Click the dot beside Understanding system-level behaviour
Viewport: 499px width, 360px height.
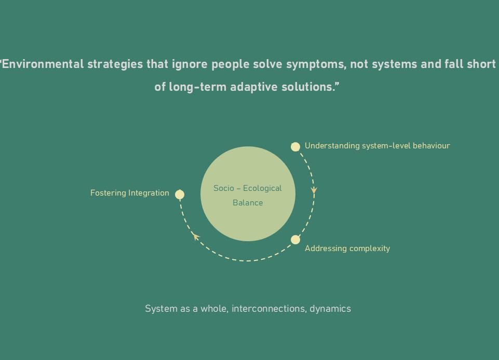click(x=295, y=147)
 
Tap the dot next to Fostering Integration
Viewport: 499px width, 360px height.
click(x=180, y=195)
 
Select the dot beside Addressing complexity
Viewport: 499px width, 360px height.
click(x=295, y=240)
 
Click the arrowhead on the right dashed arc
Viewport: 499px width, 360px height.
click(x=314, y=190)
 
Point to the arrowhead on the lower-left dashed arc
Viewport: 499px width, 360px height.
click(x=195, y=237)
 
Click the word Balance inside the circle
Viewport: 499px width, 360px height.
click(x=248, y=203)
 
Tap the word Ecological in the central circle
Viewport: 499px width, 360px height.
click(x=262, y=188)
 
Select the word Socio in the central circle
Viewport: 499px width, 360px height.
click(x=224, y=188)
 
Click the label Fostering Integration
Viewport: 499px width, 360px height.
click(x=130, y=193)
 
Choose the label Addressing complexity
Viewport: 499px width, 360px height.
click(x=347, y=248)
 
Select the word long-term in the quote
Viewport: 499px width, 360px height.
click(x=198, y=87)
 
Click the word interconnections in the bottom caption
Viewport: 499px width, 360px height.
click(x=268, y=309)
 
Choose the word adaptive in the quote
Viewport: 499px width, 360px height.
click(x=254, y=87)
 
